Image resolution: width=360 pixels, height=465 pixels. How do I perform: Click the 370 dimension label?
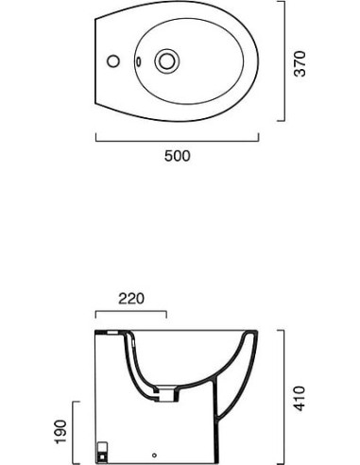point(300,63)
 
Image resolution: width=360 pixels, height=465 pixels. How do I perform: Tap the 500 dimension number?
point(178,156)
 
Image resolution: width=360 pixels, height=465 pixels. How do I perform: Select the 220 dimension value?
point(131,299)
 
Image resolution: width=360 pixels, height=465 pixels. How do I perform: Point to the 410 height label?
point(300,398)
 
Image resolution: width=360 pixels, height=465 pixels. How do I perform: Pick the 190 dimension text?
point(61,432)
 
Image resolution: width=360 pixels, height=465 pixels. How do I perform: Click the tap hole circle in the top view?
point(113,61)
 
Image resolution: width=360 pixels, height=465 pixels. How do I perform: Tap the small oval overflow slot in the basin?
point(139,61)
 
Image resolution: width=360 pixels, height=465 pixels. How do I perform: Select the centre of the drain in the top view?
point(167,60)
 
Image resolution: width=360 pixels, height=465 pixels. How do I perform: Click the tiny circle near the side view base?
point(154,456)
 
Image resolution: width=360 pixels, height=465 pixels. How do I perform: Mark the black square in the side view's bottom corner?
point(102,456)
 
